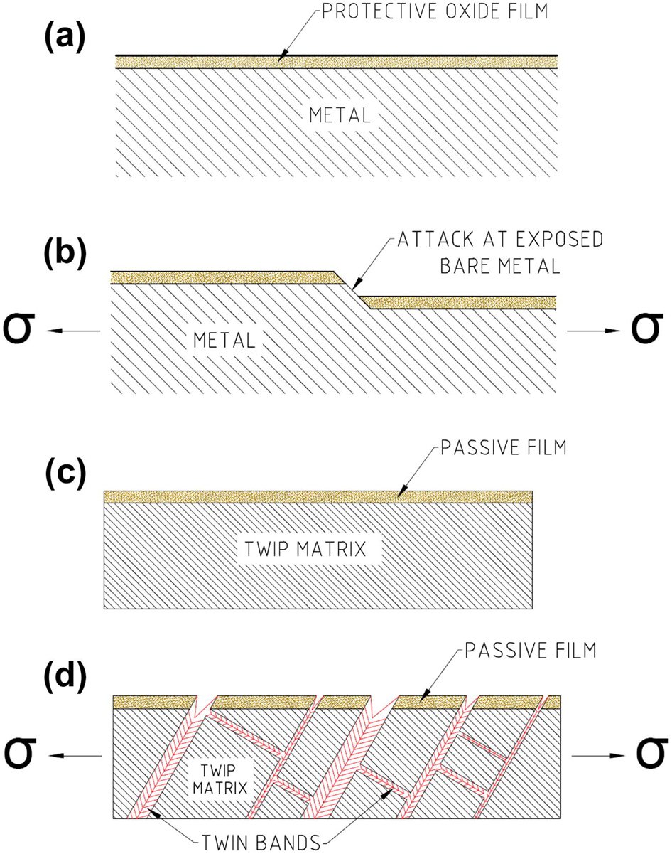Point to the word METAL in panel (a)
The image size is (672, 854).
[339, 114]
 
